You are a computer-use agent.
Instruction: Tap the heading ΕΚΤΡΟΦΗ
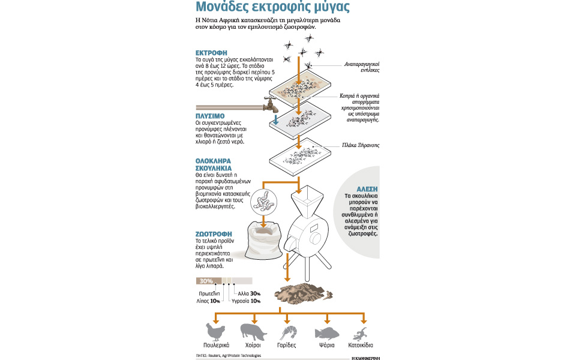[211, 53]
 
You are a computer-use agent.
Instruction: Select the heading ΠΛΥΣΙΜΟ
[210, 115]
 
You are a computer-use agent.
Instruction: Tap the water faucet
[271, 106]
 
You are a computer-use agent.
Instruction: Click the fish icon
[327, 332]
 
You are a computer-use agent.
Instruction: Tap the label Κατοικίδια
[361, 346]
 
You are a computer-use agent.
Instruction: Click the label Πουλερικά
[217, 346]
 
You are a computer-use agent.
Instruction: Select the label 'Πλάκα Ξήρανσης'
[360, 145]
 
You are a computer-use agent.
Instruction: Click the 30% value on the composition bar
[206, 281]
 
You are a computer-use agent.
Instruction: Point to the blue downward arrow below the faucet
[275, 120]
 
